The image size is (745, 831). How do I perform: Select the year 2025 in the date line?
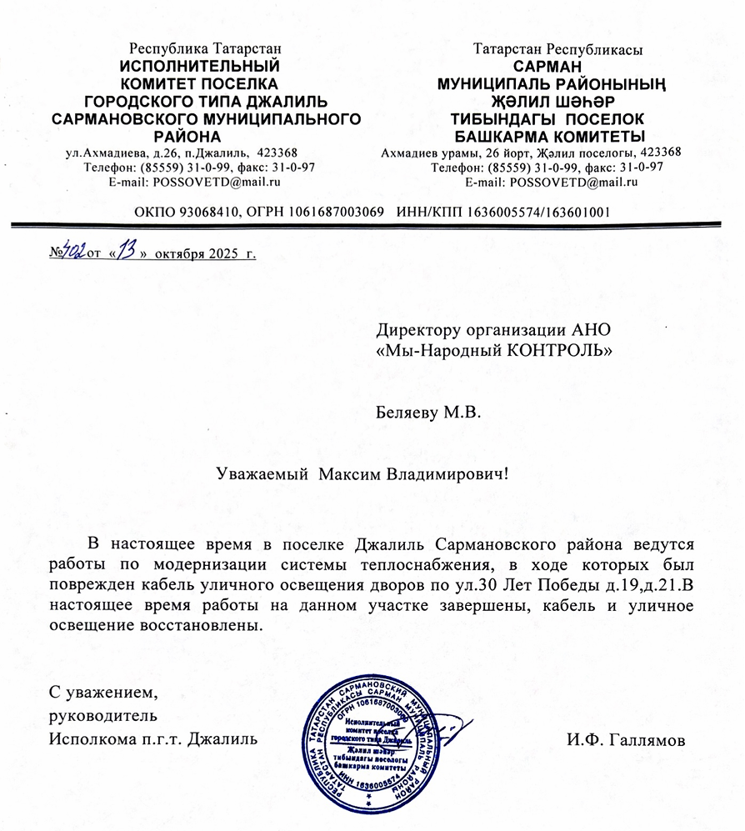222,253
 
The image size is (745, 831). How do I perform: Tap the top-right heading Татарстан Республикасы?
557,49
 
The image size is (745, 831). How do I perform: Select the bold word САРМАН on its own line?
552,66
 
